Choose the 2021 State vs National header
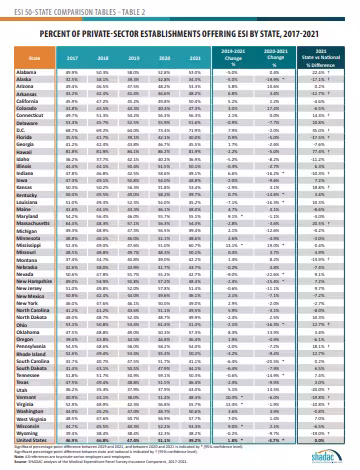click(x=330, y=58)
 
